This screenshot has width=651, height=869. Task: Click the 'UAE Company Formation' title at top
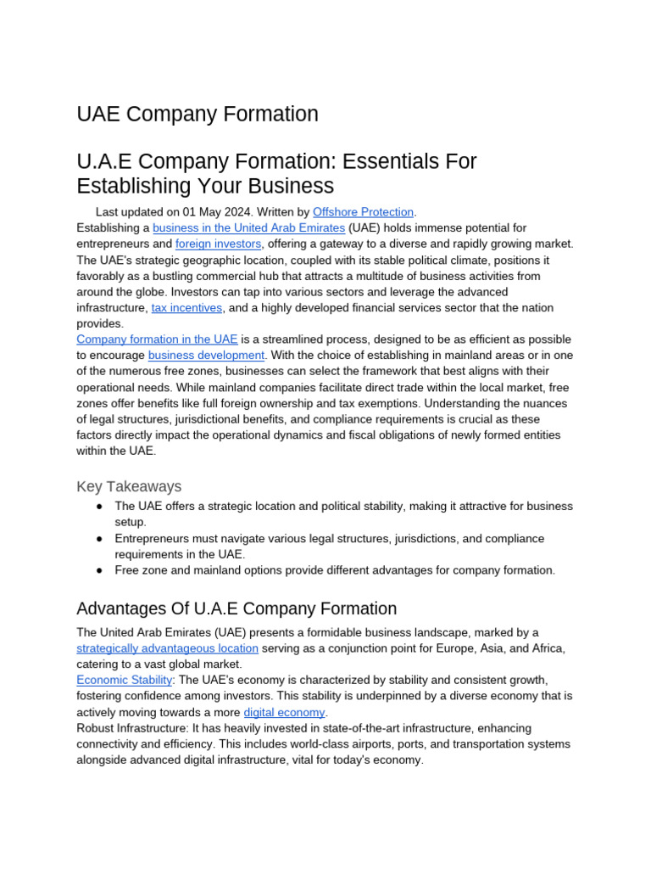coord(198,114)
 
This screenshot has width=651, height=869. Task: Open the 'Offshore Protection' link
coord(363,212)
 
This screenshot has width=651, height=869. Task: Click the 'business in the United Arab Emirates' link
coord(248,228)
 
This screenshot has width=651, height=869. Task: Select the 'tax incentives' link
coord(186,308)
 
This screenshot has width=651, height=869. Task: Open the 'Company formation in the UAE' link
coord(157,339)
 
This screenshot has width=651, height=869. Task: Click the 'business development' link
coord(206,356)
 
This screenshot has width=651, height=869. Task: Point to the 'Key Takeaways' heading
coord(129,486)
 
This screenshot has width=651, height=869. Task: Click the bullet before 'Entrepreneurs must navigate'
coord(99,539)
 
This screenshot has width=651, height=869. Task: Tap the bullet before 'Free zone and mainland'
coord(99,570)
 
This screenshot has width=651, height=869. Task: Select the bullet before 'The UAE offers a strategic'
coord(99,507)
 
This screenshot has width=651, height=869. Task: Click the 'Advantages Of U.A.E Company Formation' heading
coord(236,608)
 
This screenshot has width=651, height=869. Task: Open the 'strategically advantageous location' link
coord(167,648)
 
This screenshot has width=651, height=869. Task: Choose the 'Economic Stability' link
coord(125,681)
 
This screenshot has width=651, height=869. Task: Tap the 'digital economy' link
coord(284,713)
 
